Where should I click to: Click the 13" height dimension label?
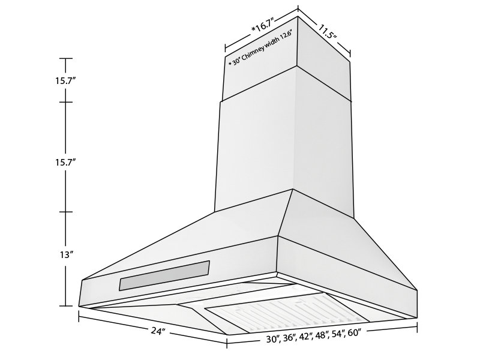click(66, 254)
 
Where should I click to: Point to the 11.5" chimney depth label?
click(327, 31)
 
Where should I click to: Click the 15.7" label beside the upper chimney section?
click(66, 80)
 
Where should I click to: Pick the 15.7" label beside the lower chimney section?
click(66, 162)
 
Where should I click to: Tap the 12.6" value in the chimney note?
click(286, 37)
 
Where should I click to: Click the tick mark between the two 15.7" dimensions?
click(65, 101)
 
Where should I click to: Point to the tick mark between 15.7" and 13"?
click(65, 212)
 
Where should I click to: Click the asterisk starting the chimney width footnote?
click(229, 62)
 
